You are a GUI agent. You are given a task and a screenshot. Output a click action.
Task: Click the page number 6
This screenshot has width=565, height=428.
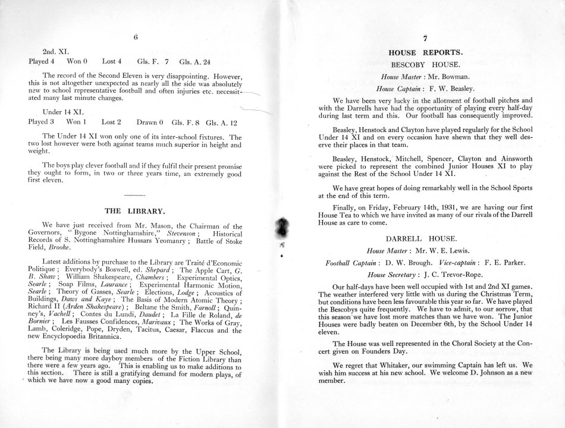(136, 37)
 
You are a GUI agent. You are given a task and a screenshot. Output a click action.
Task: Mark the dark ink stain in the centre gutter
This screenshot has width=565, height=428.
(281, 228)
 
